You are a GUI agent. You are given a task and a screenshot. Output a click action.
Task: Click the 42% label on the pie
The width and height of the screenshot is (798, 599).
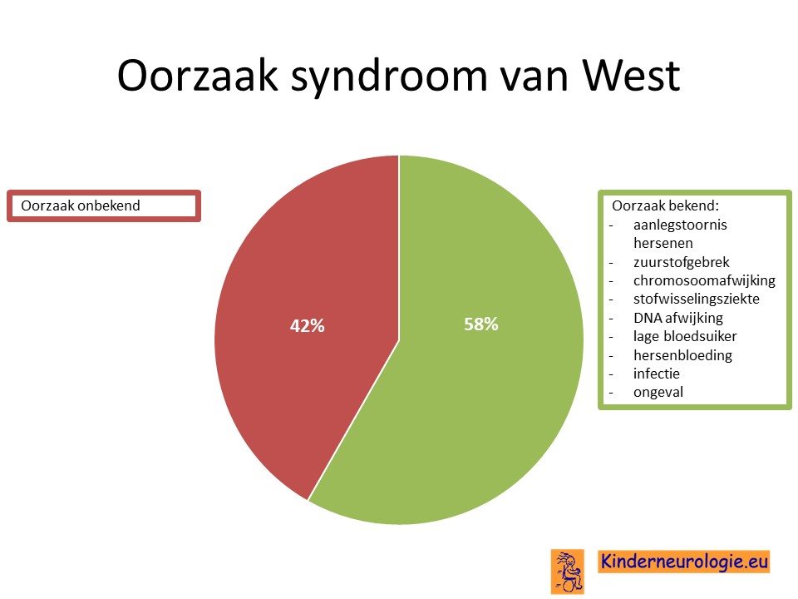[x=307, y=326]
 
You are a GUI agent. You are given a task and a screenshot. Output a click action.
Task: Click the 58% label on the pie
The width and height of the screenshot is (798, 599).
[x=481, y=324]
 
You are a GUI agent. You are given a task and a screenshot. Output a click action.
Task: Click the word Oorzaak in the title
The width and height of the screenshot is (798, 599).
[x=198, y=76]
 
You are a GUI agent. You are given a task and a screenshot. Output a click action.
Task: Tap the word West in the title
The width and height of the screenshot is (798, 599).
[x=631, y=76]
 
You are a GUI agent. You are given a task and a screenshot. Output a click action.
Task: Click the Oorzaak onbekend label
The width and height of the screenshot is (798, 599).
[x=81, y=205]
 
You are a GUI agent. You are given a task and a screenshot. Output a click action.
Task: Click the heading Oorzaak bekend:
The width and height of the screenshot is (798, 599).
[x=665, y=205]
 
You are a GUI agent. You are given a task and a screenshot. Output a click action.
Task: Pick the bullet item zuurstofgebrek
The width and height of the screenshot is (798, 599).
[x=681, y=262]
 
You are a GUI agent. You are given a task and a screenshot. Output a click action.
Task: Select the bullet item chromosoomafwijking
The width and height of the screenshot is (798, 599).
[x=704, y=280]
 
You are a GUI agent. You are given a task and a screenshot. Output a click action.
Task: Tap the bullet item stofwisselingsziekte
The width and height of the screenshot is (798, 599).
[x=697, y=299]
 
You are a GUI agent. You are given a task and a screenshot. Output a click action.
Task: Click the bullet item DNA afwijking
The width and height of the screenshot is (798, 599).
[x=678, y=318]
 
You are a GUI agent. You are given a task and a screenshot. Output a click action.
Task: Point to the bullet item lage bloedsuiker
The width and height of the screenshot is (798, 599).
[x=685, y=336]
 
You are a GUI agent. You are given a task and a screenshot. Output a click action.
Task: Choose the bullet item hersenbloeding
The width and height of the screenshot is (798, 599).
[x=682, y=355]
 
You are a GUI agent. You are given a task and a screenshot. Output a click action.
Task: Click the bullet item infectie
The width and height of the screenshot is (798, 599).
[x=657, y=374]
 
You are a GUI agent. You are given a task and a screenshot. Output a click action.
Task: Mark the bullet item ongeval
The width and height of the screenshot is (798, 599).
[x=658, y=392]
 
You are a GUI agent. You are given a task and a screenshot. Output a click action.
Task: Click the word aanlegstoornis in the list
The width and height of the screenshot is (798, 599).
[x=680, y=225]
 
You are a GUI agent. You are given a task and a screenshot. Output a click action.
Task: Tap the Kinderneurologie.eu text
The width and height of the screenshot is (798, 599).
[x=684, y=562]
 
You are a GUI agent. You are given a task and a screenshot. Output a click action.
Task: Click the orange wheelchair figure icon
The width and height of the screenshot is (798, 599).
[x=568, y=572]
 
